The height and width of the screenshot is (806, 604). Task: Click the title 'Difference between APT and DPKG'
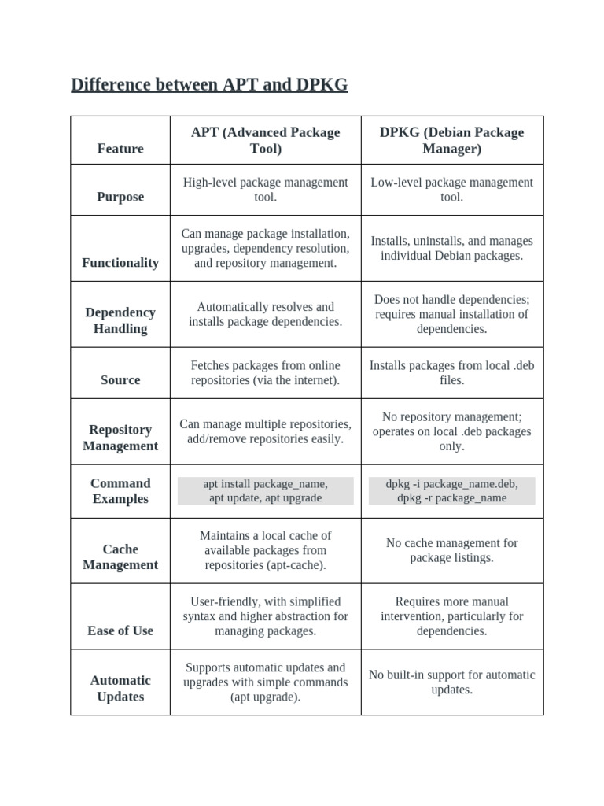[x=209, y=85]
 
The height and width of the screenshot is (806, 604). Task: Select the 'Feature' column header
[x=120, y=149]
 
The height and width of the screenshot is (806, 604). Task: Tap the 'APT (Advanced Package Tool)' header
[x=265, y=140]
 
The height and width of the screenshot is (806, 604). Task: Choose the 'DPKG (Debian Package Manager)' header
[x=451, y=140]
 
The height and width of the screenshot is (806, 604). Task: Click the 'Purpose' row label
[x=120, y=197]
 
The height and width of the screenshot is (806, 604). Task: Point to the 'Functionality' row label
[x=120, y=263]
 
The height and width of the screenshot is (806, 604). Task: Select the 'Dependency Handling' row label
[x=120, y=320]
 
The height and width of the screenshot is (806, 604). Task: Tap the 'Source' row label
[x=120, y=379]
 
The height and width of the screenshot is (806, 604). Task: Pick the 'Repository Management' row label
[x=120, y=438]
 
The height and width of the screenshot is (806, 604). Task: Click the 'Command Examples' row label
[x=120, y=491]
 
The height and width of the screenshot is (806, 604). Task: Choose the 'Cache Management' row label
[x=120, y=556]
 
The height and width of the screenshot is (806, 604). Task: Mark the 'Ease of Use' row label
[x=120, y=630]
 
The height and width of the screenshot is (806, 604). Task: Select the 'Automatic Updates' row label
[x=120, y=689]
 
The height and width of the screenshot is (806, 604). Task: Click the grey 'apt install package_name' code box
[x=265, y=490]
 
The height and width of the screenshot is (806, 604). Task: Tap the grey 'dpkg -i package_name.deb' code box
[x=451, y=490]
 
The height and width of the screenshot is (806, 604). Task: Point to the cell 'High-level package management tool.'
[x=265, y=190]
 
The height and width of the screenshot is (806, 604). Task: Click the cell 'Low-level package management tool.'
[x=451, y=190]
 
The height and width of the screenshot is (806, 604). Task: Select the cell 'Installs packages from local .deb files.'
[x=451, y=372]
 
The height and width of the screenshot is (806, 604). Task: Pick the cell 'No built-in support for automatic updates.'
[x=451, y=682]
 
